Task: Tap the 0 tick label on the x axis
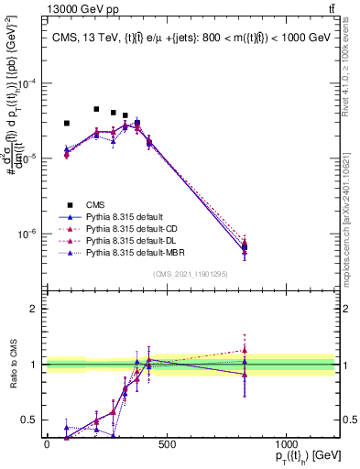47,444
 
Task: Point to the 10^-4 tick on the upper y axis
30,83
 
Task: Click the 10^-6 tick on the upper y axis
30,234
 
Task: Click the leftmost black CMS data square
67,123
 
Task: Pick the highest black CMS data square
96,109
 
